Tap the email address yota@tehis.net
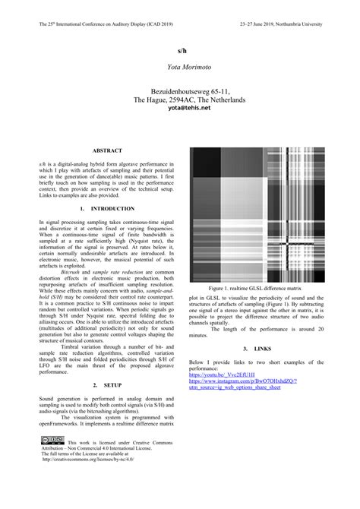(x=180, y=108)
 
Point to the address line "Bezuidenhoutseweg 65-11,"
(x=180, y=90)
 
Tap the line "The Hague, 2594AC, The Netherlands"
(x=180, y=99)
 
